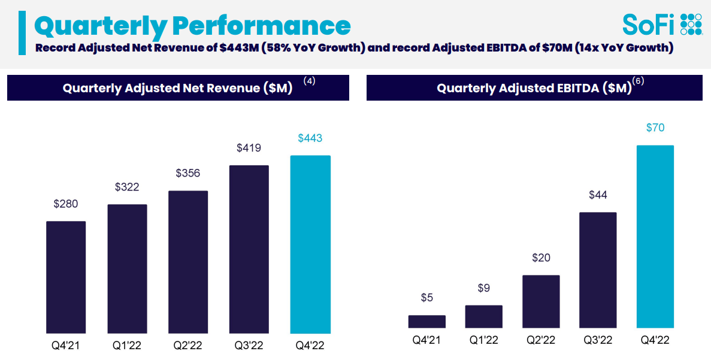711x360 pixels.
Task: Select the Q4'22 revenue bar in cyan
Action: (310, 244)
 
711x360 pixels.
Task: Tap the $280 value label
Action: (66, 204)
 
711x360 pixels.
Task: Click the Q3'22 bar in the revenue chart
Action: (249, 249)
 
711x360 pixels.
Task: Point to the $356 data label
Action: (188, 173)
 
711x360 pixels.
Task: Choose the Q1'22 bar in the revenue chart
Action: (127, 269)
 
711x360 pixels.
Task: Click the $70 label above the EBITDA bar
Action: (655, 128)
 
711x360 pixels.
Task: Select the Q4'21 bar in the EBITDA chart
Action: (427, 322)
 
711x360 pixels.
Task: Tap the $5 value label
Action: (427, 298)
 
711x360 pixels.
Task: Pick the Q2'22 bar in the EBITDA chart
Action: (541, 301)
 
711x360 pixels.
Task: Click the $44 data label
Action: (598, 195)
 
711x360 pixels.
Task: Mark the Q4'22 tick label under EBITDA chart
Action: (655, 341)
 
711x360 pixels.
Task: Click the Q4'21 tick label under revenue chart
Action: (66, 346)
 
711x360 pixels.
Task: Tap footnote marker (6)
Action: (638, 81)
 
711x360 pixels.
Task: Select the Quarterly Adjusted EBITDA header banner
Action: (534, 88)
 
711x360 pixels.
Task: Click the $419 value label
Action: (249, 147)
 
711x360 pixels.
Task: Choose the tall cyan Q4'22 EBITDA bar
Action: (655, 237)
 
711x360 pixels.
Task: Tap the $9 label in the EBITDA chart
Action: (484, 288)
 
